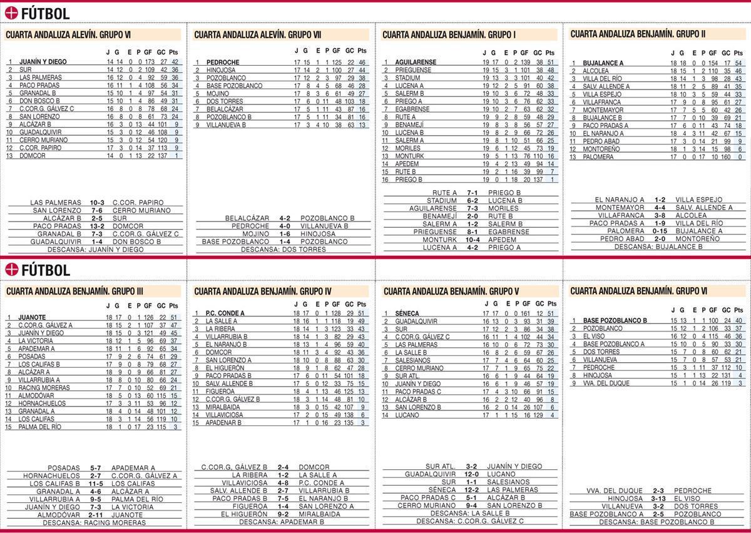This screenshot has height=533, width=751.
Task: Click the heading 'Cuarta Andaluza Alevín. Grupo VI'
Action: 68,35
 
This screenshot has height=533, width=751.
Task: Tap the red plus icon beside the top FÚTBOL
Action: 11,13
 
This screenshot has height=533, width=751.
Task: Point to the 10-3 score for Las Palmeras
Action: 97,203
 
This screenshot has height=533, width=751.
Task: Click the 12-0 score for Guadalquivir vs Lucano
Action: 472,474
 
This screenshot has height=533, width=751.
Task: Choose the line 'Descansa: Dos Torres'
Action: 283,249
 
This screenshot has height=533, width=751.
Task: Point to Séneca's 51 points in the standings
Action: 550,313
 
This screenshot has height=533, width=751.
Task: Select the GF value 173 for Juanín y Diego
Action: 149,62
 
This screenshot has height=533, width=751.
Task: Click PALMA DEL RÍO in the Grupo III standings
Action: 40,427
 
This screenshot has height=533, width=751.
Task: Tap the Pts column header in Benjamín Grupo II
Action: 738,54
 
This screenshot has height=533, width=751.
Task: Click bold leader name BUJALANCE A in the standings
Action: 603,63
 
